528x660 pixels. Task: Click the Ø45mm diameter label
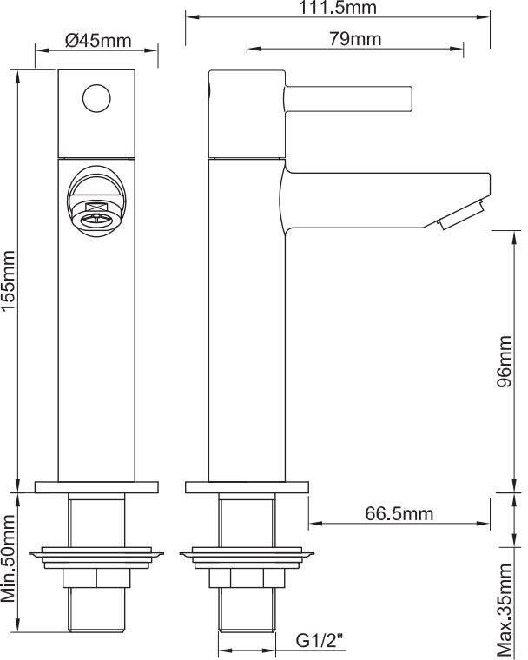point(97,40)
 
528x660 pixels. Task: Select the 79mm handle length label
point(356,39)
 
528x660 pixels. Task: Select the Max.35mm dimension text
point(506,610)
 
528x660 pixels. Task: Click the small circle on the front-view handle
point(97,96)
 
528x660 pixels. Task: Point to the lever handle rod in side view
point(347,96)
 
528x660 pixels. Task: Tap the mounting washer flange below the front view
point(97,553)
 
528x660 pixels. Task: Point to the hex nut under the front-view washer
point(97,578)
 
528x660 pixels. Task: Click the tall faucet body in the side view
point(247,330)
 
